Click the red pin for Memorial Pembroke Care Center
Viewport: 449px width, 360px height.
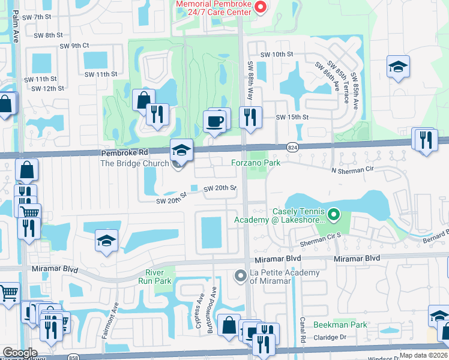click(261, 7)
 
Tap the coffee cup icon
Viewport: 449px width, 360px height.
click(215, 122)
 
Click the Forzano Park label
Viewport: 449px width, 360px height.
click(256, 163)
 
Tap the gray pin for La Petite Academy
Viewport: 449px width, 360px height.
click(240, 276)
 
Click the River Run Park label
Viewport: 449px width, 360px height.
click(158, 277)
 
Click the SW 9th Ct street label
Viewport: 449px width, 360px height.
click(74, 46)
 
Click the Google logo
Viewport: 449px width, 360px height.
click(19, 352)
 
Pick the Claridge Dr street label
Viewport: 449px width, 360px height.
click(331, 337)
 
